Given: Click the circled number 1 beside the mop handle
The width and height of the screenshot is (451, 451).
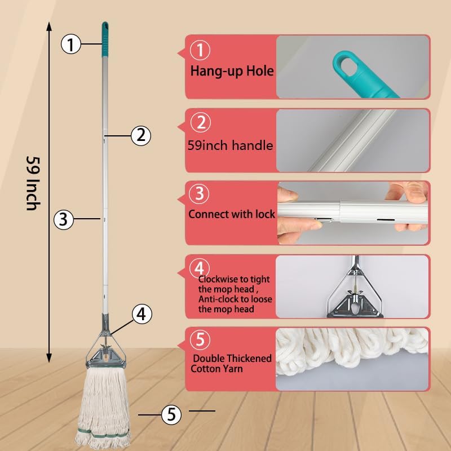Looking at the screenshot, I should click(x=70, y=44).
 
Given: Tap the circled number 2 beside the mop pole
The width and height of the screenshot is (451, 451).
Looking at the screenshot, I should click(x=141, y=135).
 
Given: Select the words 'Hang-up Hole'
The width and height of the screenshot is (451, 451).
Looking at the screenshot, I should click(x=232, y=71).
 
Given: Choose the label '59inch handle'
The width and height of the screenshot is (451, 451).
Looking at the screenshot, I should click(x=230, y=145).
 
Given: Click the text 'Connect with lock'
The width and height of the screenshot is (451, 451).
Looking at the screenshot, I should click(x=232, y=214).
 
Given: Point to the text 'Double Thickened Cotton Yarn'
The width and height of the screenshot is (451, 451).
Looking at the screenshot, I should click(x=232, y=364).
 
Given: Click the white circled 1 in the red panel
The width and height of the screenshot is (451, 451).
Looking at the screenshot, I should click(x=200, y=51).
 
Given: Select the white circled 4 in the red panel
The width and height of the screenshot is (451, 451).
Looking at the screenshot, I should click(x=200, y=267).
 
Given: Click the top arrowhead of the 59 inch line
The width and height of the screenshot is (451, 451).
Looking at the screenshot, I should click(x=49, y=25).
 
